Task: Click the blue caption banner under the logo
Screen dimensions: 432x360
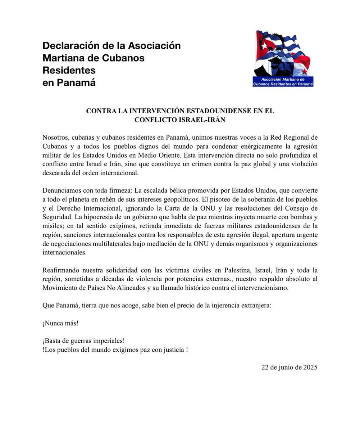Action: tap(283, 81)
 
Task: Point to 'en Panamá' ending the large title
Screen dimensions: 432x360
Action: tap(69, 82)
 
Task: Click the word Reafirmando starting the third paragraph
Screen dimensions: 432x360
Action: tap(61, 270)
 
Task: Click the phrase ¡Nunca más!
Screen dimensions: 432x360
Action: tap(60, 323)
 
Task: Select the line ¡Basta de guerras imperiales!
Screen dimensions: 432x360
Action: tap(83, 341)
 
